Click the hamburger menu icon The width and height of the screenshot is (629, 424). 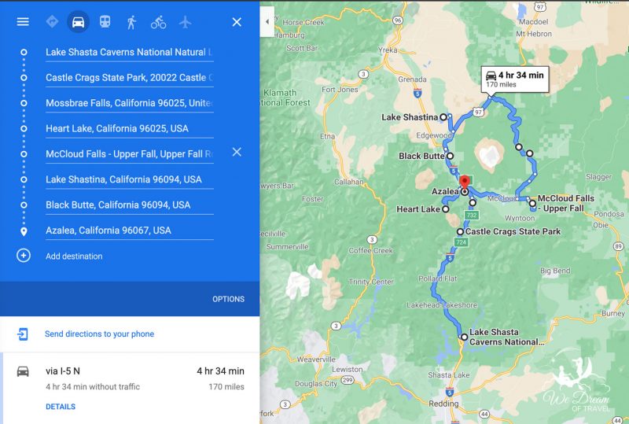[23, 22]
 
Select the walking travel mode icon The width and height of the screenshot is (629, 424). [131, 22]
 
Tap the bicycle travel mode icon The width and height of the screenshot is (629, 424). [158, 22]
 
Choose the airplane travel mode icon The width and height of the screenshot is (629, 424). [185, 22]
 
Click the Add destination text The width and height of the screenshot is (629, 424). [74, 256]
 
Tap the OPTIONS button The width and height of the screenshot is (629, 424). [228, 299]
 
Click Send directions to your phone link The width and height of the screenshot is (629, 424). [99, 334]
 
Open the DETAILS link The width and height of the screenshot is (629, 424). [61, 407]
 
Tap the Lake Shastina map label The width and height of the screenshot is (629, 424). [409, 118]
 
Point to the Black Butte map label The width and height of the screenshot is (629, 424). [421, 157]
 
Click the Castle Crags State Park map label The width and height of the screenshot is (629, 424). [513, 232]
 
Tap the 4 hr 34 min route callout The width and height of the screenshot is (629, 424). [515, 79]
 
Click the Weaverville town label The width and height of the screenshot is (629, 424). [316, 359]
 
